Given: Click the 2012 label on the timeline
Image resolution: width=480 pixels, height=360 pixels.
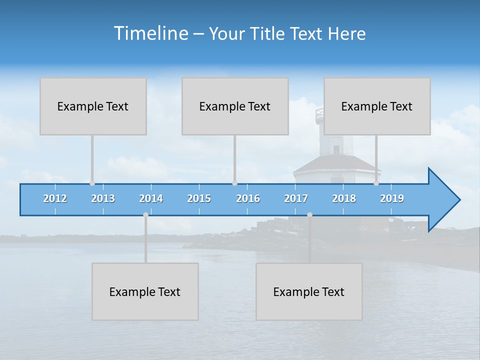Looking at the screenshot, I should click(x=55, y=198).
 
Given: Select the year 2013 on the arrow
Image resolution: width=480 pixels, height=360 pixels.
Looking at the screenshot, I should click(x=103, y=198).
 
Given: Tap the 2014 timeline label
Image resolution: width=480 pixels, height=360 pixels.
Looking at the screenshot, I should click(x=151, y=198).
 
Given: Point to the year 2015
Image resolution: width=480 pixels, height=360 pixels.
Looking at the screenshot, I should click(x=199, y=198).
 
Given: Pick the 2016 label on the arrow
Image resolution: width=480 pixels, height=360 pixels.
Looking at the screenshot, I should click(x=248, y=198).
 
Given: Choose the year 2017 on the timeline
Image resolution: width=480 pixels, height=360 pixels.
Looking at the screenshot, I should click(x=296, y=198).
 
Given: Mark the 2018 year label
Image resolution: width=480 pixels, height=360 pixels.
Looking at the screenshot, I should click(x=344, y=198).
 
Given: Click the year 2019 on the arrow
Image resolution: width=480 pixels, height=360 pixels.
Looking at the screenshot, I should click(x=392, y=198).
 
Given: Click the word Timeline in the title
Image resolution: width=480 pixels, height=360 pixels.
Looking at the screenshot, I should click(x=150, y=33).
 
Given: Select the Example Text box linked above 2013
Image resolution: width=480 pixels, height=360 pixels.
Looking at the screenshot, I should click(x=93, y=106).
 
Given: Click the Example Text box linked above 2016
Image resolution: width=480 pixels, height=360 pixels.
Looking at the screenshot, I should click(x=235, y=106).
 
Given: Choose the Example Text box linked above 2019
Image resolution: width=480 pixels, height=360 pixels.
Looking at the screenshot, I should click(x=377, y=106).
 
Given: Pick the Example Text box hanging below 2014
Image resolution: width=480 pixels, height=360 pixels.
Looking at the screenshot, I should click(x=145, y=291).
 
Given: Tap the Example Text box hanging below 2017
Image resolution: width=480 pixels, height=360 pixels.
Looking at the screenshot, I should click(x=309, y=291).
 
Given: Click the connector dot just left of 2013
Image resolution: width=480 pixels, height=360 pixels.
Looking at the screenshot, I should click(x=92, y=183).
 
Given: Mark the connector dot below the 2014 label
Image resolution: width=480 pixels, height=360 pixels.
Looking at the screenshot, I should click(x=145, y=214).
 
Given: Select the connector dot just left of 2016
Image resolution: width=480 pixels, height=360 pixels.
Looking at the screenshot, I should click(x=234, y=183).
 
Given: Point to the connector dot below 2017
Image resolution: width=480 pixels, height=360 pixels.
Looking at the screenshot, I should click(x=309, y=214).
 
